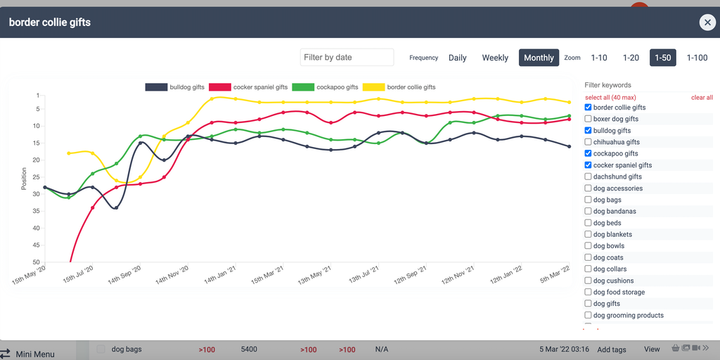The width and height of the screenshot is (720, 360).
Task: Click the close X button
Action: [x=707, y=22]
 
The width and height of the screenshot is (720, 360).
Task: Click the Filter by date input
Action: [x=347, y=58]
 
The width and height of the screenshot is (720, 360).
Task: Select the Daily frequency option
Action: [x=457, y=58]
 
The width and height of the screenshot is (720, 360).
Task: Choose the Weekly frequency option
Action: [x=495, y=58]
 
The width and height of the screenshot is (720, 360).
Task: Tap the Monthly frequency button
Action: [x=539, y=58]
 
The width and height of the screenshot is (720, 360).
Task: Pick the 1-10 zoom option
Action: [x=599, y=58]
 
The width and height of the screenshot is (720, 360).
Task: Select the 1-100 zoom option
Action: [x=697, y=58]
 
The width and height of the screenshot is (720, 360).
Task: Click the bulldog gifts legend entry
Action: [x=175, y=87]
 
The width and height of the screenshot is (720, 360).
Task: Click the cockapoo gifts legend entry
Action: [x=328, y=87]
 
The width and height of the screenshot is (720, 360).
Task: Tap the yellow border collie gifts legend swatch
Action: [x=373, y=87]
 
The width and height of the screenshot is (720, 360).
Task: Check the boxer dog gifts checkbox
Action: [x=589, y=119]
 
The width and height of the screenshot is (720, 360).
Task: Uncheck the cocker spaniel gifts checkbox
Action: [x=589, y=165]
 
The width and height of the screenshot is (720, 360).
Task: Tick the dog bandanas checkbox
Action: [x=589, y=211]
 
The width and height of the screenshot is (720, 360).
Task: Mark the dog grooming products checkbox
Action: [x=589, y=315]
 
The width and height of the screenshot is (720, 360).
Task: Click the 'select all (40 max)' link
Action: [x=610, y=97]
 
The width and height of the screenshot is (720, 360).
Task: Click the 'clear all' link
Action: [x=702, y=97]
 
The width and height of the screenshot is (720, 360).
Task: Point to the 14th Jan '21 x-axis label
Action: [x=219, y=275]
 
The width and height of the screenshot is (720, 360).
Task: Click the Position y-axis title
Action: [x=24, y=179]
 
